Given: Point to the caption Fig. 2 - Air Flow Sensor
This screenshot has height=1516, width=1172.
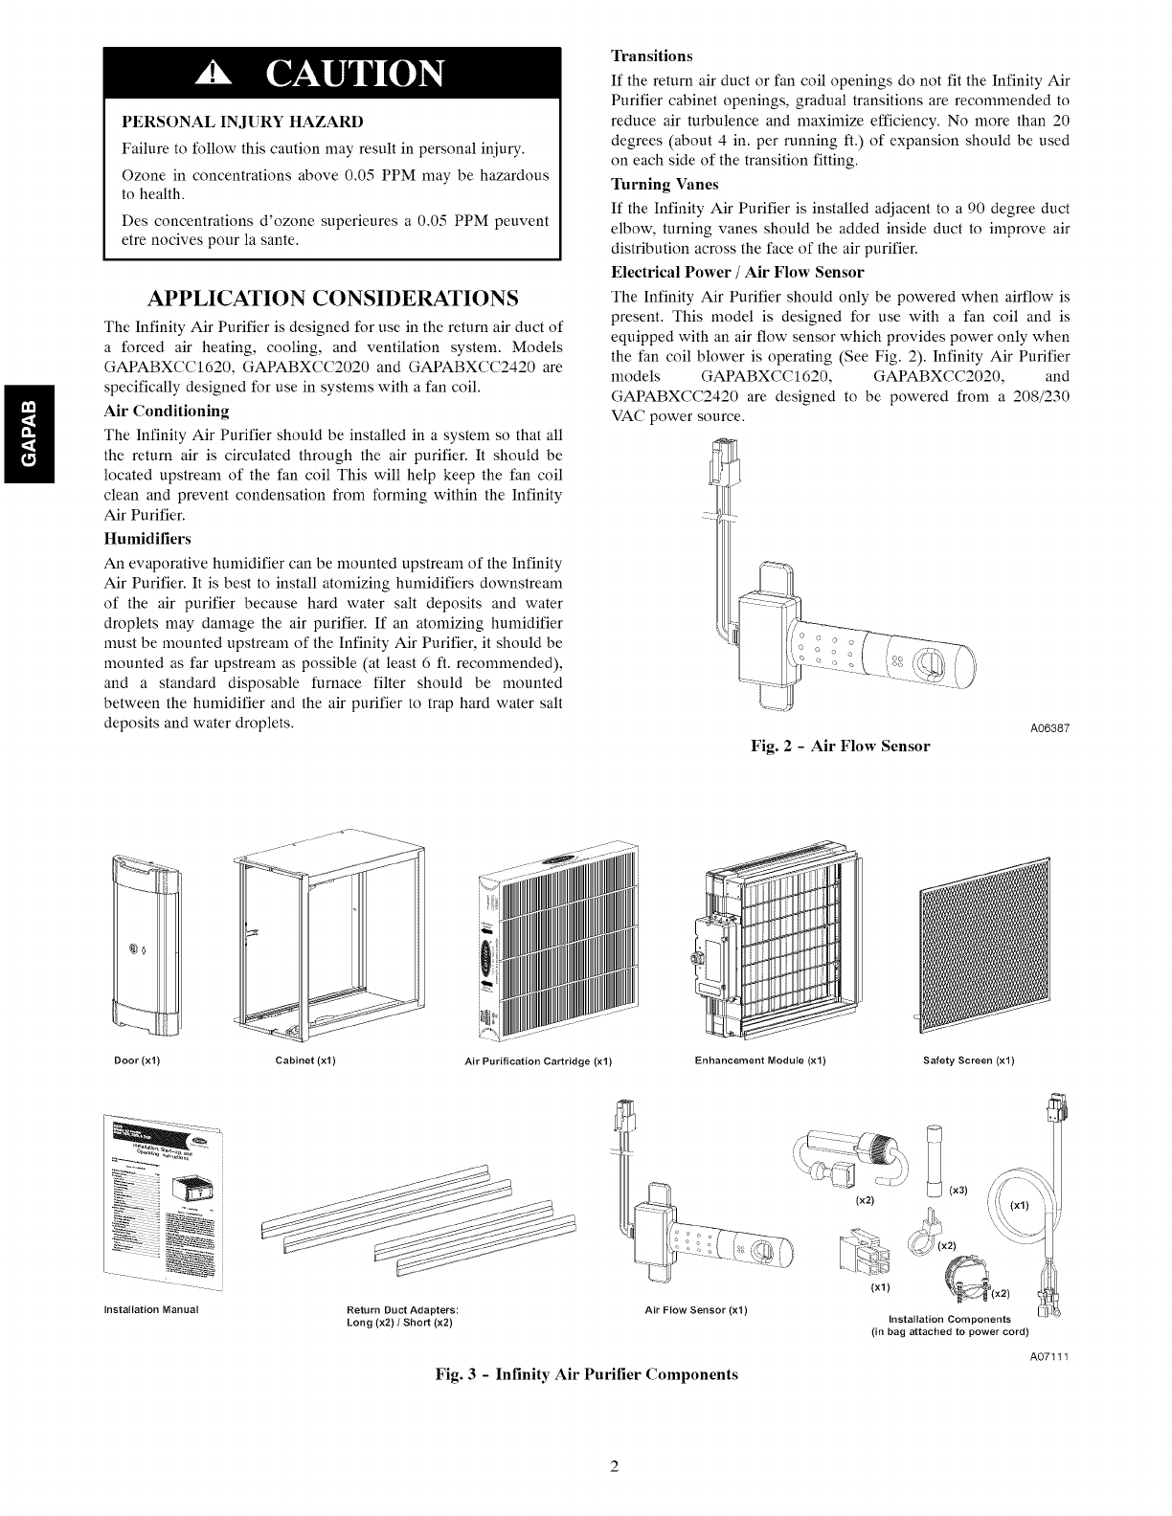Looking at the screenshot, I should [x=841, y=746].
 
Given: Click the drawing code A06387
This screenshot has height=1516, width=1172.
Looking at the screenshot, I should [x=1048, y=729].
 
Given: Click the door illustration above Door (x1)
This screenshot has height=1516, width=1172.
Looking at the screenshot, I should [x=146, y=947].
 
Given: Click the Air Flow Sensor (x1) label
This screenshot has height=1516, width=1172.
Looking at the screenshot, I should [x=696, y=1309].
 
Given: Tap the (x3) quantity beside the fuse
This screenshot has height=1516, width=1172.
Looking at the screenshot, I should [x=958, y=1190].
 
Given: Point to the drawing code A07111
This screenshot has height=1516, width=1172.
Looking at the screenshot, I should [x=1048, y=1357].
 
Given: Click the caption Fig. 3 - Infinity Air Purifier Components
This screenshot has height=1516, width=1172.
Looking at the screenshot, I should [x=586, y=1374].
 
